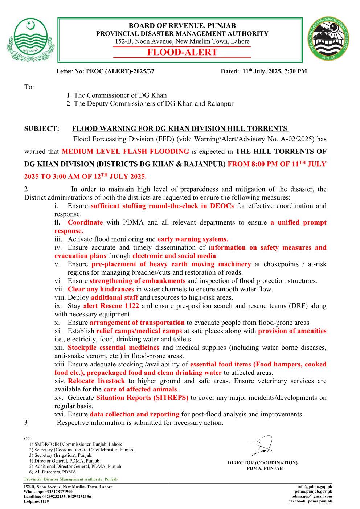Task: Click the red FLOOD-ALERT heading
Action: click(x=182, y=52)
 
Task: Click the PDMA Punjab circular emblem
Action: click(x=330, y=38)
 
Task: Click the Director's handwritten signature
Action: click(x=262, y=446)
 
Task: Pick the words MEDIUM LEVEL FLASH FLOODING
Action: click(x=125, y=152)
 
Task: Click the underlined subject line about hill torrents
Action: click(x=180, y=128)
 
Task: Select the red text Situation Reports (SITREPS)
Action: click(x=142, y=398)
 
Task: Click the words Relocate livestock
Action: click(x=96, y=381)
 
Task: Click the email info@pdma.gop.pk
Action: click(x=315, y=487)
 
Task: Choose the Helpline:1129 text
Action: click(x=36, y=501)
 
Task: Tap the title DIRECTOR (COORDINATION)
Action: click(x=262, y=463)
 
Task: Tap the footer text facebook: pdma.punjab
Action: click(x=310, y=501)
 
